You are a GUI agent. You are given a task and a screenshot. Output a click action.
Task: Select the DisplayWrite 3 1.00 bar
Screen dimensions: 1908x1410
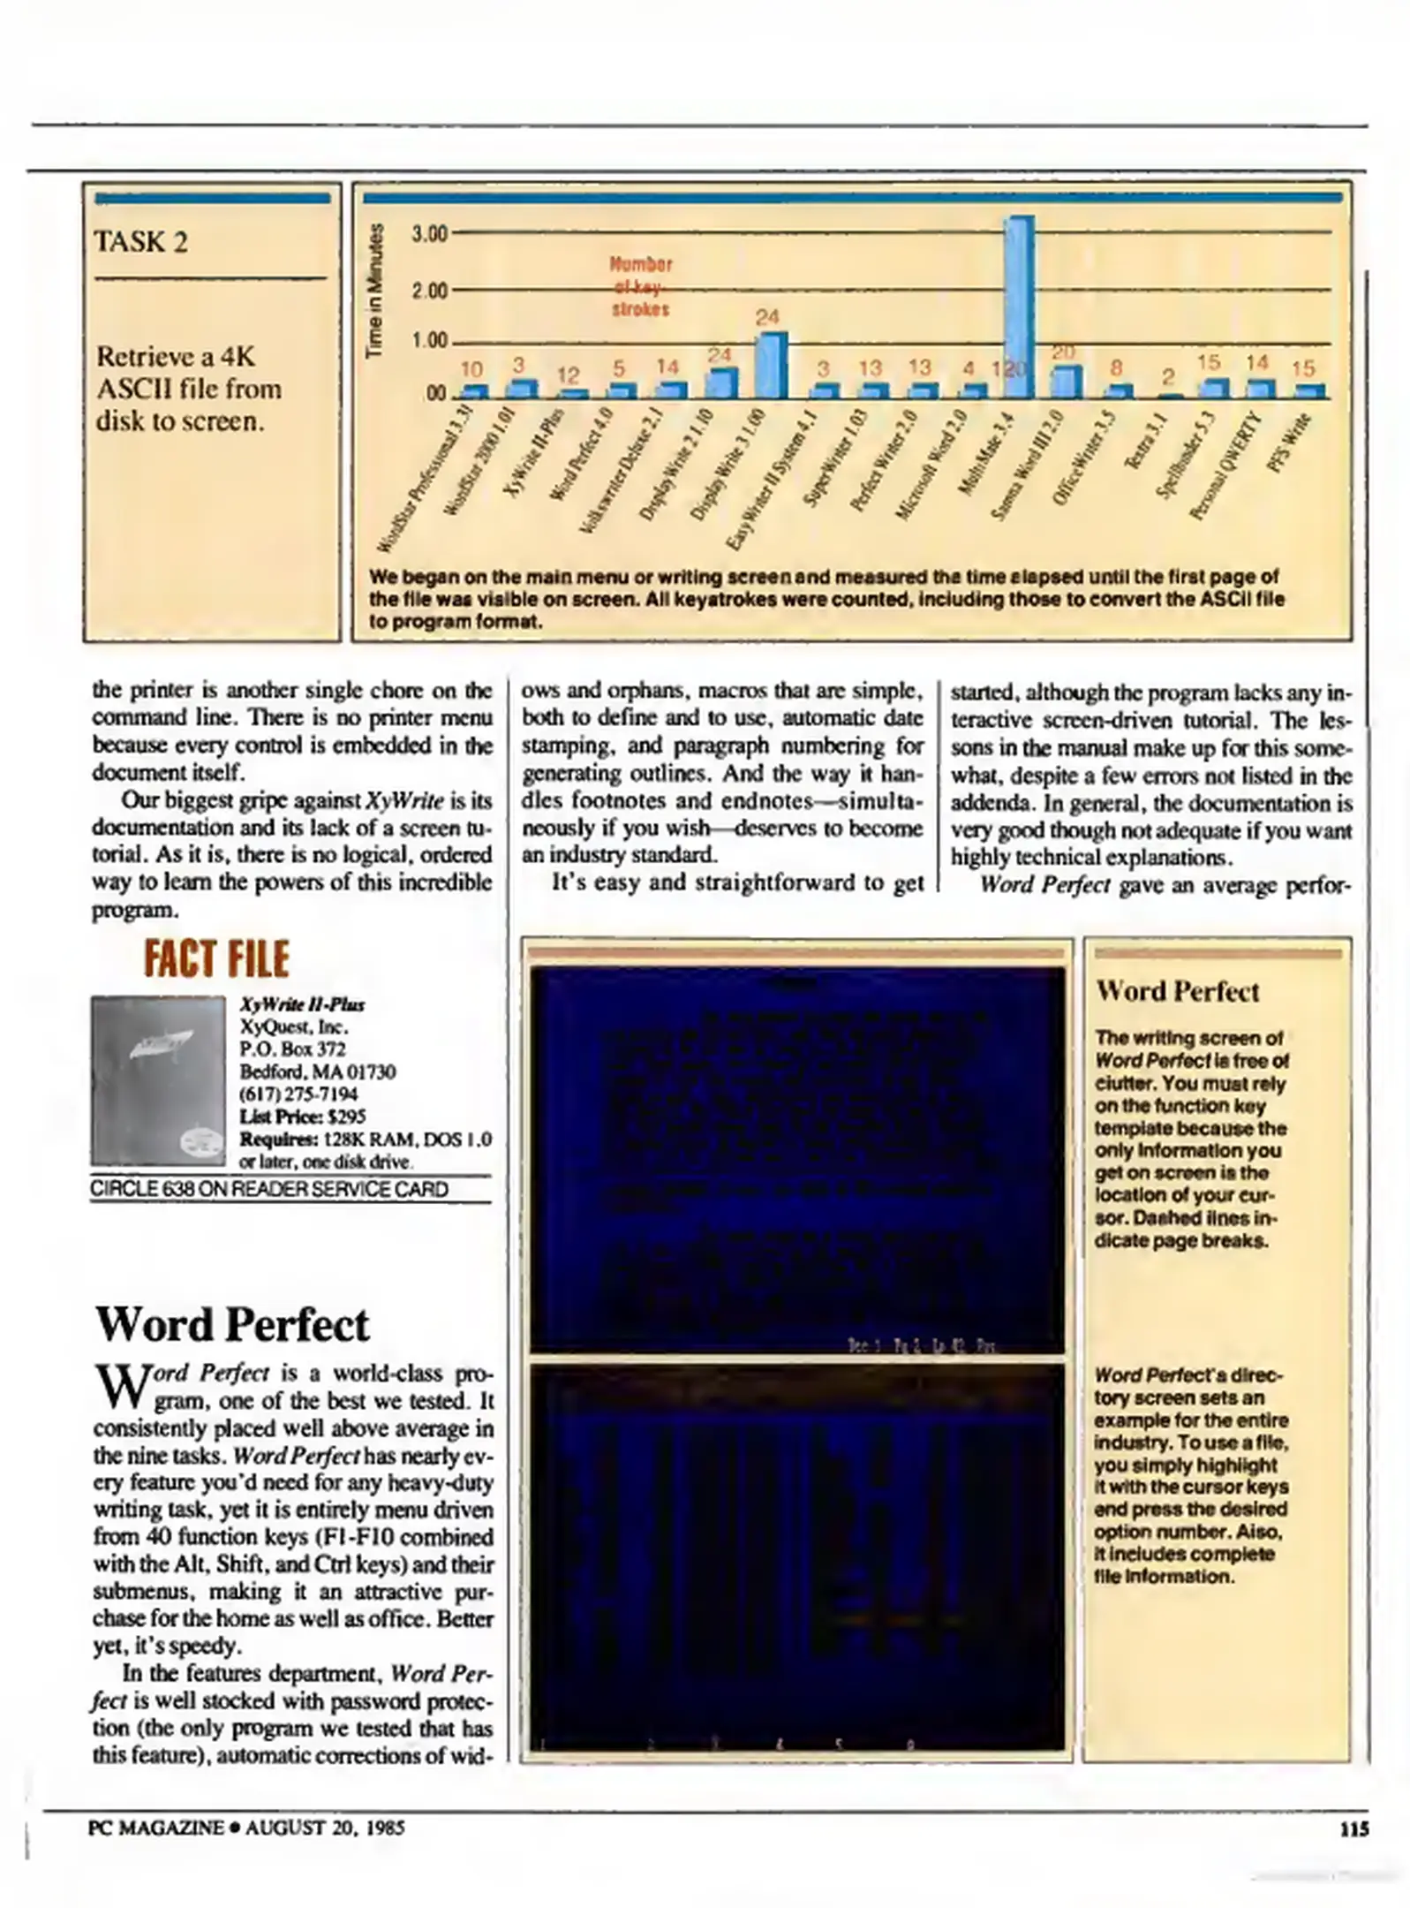click(772, 366)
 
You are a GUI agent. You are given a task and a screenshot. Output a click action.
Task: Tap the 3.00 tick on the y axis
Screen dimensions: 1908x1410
click(429, 234)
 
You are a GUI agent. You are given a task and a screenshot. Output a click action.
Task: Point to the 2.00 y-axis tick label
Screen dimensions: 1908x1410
click(429, 290)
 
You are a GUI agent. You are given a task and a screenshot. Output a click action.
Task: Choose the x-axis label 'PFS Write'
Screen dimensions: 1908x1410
click(1292, 422)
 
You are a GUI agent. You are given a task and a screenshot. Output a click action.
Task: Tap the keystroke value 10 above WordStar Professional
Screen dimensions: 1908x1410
click(472, 368)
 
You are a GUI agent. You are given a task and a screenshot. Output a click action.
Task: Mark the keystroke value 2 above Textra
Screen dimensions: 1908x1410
click(1167, 377)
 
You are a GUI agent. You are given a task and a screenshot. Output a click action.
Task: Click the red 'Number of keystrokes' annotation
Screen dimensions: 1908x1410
click(640, 286)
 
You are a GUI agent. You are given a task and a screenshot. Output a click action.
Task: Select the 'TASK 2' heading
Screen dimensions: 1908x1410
click(141, 242)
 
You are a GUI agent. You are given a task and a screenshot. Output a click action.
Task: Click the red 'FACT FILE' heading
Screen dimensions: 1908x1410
click(216, 959)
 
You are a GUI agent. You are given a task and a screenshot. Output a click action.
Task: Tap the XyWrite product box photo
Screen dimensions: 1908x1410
click(158, 1080)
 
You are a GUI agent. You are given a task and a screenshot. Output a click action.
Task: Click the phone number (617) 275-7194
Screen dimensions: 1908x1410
click(298, 1094)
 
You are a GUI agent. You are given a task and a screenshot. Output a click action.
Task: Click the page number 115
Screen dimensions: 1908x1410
click(1353, 1828)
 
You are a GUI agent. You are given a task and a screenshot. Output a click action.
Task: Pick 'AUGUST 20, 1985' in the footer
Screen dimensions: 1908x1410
click(325, 1828)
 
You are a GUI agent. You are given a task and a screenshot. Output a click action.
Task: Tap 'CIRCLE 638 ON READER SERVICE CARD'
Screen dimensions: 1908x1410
click(269, 1189)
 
